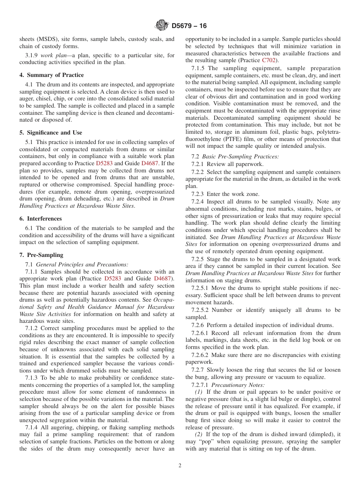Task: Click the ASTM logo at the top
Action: pos(162,26)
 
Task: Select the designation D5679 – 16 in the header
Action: pos(189,26)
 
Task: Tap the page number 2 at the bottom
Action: pos(180,466)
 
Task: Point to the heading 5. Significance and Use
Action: pos(51,133)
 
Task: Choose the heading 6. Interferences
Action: pos(41,219)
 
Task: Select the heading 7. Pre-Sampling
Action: pos(41,255)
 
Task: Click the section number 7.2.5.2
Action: pos(197,310)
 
